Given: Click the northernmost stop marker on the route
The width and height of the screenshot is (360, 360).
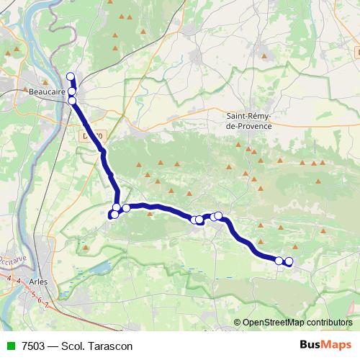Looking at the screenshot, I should pos(71,76).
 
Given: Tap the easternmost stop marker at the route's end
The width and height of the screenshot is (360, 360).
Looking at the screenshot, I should pos(289,261).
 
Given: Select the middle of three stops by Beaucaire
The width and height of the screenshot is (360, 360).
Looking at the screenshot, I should pos(72,91).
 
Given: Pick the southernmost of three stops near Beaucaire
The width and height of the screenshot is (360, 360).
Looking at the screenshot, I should pos(72,101).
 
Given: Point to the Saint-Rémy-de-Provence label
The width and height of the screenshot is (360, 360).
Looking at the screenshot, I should pos(249,121).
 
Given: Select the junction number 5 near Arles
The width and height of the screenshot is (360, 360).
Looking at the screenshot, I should pos(32,295).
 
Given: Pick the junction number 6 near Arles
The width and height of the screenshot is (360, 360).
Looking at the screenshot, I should pos(40,300).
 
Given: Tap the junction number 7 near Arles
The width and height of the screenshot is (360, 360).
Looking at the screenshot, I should pos(47,305).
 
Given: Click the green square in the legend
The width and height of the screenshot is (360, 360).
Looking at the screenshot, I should pos(10,346).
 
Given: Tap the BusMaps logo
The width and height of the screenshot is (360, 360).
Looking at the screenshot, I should pos(324,345).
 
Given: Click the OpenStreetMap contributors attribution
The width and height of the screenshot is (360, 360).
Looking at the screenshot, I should pos(297,323).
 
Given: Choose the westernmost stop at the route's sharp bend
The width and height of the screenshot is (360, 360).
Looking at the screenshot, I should pos(113,214).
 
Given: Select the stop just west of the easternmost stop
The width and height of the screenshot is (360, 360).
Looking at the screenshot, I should pos(279,260).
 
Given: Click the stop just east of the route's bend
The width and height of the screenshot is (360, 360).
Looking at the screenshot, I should pos(126,208).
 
